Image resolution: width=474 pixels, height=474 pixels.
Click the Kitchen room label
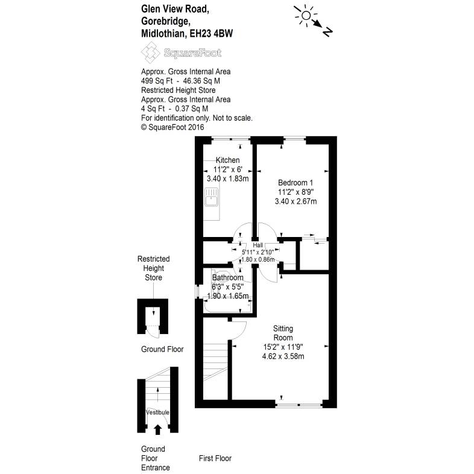coord(228,160)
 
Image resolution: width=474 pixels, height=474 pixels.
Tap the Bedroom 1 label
coord(295,182)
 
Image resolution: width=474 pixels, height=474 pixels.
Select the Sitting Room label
coord(283,333)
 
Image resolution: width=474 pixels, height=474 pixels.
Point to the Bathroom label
coord(227,277)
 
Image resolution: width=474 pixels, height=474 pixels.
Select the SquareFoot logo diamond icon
coord(151,54)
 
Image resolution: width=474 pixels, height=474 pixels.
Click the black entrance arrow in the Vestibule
coord(158,429)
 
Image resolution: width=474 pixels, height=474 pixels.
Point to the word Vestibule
coord(157,412)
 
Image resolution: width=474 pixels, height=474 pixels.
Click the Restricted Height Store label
coord(153,268)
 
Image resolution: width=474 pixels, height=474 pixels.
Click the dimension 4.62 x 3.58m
coord(283,356)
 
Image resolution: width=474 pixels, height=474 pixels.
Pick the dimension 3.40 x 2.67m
coord(295,201)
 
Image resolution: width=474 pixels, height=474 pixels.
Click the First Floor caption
coord(215,458)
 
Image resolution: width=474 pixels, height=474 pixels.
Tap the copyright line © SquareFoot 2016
coord(172,127)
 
